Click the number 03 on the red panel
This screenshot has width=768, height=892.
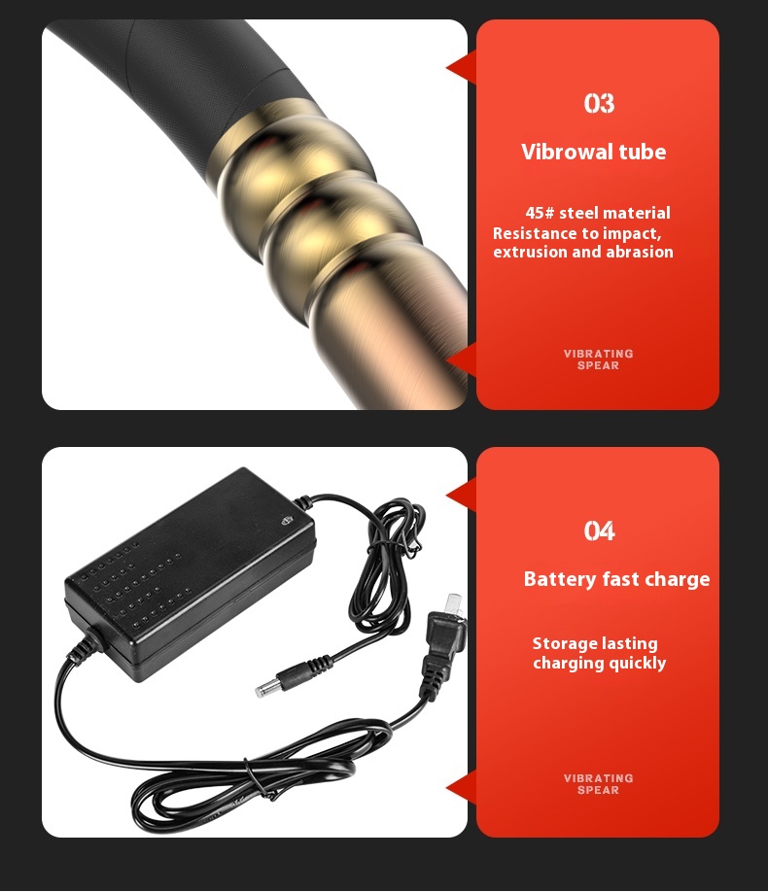click(x=599, y=103)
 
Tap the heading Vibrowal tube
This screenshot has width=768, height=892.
click(x=593, y=152)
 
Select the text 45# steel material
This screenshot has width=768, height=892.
click(x=598, y=213)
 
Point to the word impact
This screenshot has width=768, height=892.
click(x=632, y=233)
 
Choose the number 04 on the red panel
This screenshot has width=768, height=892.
click(x=599, y=531)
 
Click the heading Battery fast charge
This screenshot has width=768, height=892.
click(x=616, y=579)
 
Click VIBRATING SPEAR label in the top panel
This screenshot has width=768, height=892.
click(x=598, y=360)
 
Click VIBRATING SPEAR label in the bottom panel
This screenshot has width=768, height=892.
click(x=598, y=784)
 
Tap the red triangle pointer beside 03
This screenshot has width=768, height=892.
click(x=460, y=66)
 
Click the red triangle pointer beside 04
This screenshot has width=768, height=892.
click(x=460, y=494)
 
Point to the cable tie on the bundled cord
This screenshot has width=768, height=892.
click(x=252, y=775)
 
